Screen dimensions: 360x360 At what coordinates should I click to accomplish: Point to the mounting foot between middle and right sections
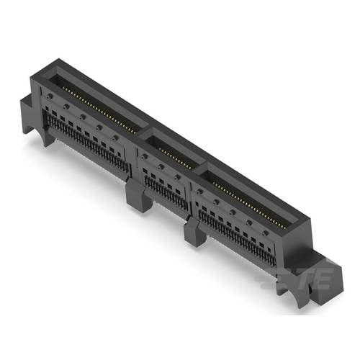pyautogui.click(x=194, y=233)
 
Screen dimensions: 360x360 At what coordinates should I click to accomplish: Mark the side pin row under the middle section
pyautogui.click(x=165, y=190)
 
